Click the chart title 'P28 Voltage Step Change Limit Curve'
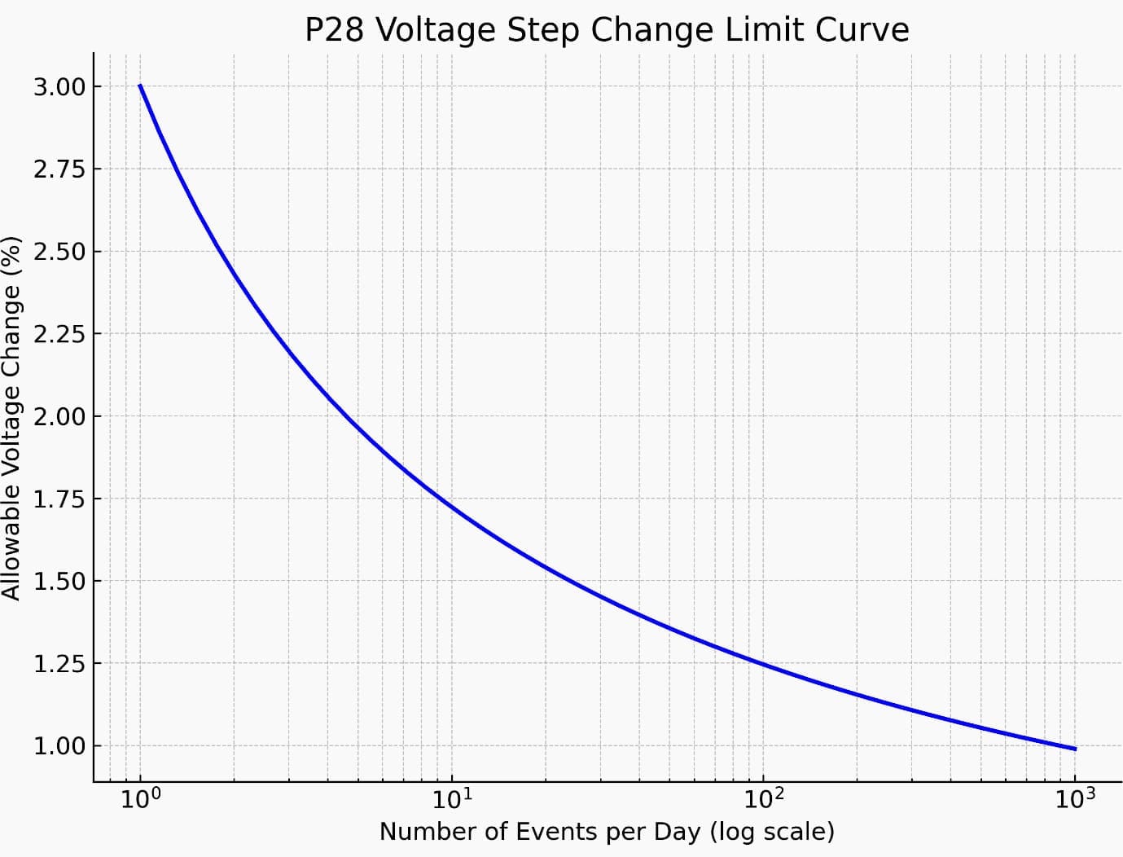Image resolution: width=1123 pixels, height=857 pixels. point(607,30)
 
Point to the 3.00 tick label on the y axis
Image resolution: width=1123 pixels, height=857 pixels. point(59,87)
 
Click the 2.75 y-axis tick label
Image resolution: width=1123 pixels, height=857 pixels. point(59,169)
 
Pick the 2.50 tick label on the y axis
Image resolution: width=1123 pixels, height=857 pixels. point(59,252)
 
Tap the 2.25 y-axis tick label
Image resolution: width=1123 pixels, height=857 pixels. point(59,334)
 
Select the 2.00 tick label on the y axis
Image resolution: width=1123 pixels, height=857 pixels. point(59,416)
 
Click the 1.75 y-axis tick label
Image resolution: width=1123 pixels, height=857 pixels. point(59,499)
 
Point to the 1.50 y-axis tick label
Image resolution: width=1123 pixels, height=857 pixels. point(59,582)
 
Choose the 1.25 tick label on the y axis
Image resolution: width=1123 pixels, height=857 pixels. point(59,664)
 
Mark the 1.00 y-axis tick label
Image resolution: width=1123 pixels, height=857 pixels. point(59,746)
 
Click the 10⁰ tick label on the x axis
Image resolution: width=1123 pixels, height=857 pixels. point(139,800)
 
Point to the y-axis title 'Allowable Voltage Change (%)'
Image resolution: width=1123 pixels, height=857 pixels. point(11,418)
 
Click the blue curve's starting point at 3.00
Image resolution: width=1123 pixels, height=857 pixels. point(140,85)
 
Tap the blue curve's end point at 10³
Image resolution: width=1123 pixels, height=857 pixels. point(1075,749)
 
